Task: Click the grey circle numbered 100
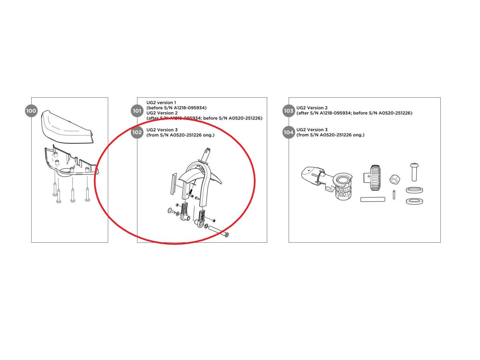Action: pos(31,111)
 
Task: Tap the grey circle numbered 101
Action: pos(137,111)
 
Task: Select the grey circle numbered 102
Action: pos(137,132)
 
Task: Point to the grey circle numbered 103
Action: pos(288,111)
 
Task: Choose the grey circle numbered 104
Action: pos(288,132)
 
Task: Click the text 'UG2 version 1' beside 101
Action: pos(161,102)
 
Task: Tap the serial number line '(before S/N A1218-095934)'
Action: pos(176,108)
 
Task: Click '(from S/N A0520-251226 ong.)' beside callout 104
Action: pos(330,135)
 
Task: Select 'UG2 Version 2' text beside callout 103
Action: pos(312,108)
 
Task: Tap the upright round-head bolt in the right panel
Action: pos(414,172)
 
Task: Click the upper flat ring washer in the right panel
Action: pos(414,190)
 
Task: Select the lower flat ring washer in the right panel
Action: pos(414,201)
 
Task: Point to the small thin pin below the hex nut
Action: pos(394,195)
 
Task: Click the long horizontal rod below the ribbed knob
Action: pos(373,199)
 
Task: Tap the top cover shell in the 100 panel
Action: pos(67,127)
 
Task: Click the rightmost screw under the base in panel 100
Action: pos(87,194)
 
